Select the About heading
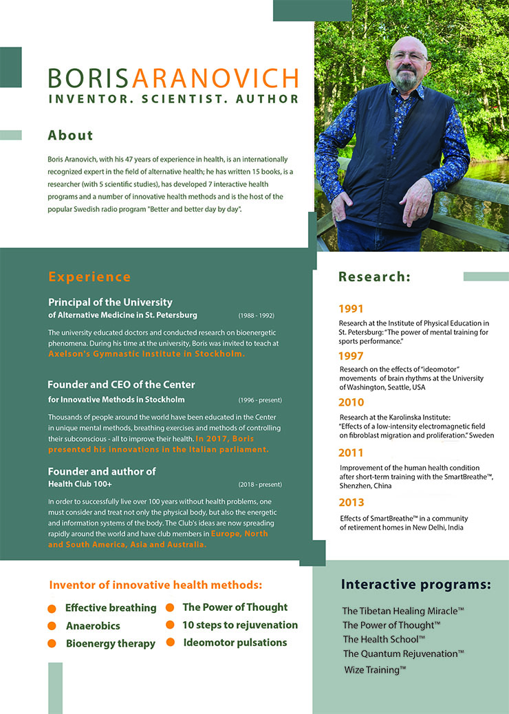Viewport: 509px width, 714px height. [70, 136]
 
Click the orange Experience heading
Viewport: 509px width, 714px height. [89, 277]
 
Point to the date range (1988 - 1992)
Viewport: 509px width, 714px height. [257, 316]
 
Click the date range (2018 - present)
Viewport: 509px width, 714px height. [260, 484]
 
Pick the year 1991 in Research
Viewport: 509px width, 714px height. [351, 309]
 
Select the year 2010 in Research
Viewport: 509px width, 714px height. [351, 402]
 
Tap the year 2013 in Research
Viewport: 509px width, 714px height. [351, 503]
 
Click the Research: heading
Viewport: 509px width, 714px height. [374, 277]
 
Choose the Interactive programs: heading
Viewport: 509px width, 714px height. [416, 585]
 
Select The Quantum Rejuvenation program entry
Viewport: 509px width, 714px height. [403, 653]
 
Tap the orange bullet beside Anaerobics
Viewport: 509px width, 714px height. [52, 626]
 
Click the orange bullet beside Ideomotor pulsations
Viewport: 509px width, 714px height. [170, 643]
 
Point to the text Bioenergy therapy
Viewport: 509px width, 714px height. [110, 644]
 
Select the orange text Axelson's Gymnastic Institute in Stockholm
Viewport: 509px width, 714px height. [147, 354]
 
